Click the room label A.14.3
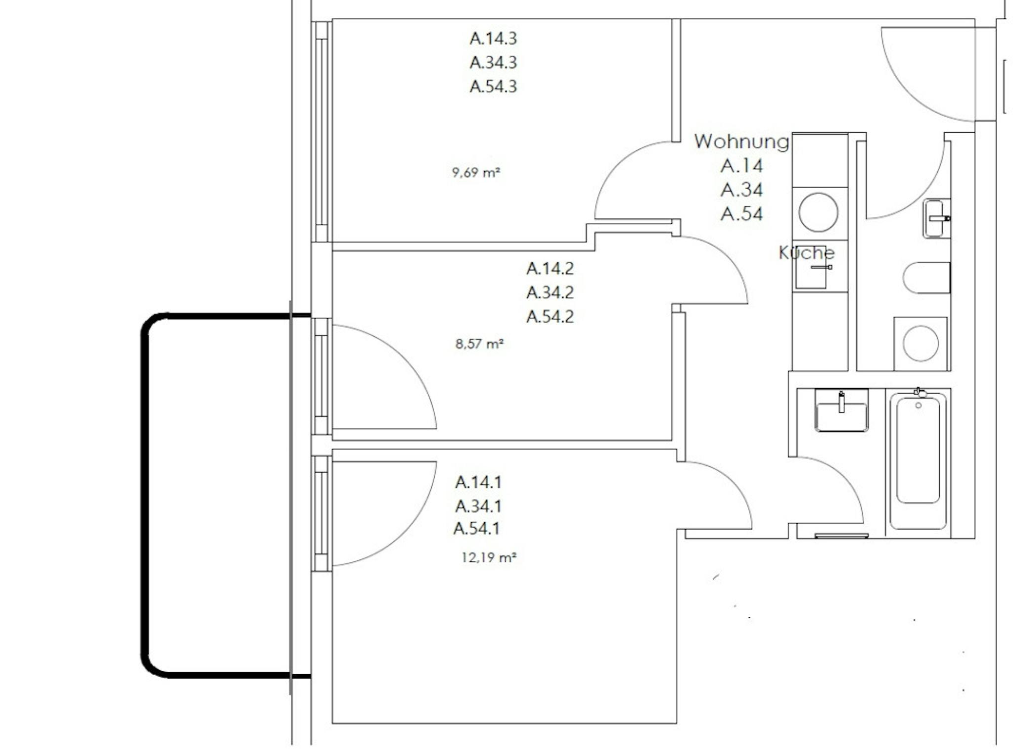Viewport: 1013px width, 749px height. (493, 39)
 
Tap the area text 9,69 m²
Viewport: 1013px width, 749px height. (476, 173)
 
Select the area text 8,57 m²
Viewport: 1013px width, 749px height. (479, 344)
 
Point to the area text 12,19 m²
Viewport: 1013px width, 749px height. (489, 558)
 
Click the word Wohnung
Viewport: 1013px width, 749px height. (741, 142)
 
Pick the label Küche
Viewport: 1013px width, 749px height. (807, 253)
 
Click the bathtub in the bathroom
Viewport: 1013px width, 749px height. (918, 460)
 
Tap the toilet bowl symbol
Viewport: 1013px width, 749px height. (926, 278)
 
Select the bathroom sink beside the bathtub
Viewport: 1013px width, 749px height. (841, 410)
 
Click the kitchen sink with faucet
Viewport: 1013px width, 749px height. (811, 271)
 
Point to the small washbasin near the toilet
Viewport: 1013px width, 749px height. (936, 218)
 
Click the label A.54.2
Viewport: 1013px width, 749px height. (550, 317)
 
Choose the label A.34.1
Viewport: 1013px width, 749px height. (478, 506)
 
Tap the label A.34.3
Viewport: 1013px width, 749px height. (493, 63)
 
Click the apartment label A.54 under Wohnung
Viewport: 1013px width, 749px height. (741, 214)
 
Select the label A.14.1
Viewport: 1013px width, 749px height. (478, 482)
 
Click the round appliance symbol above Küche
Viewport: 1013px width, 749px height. (819, 212)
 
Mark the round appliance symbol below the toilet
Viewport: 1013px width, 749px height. (921, 343)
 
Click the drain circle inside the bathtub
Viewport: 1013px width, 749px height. (919, 405)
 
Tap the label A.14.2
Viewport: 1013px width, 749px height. (550, 269)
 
